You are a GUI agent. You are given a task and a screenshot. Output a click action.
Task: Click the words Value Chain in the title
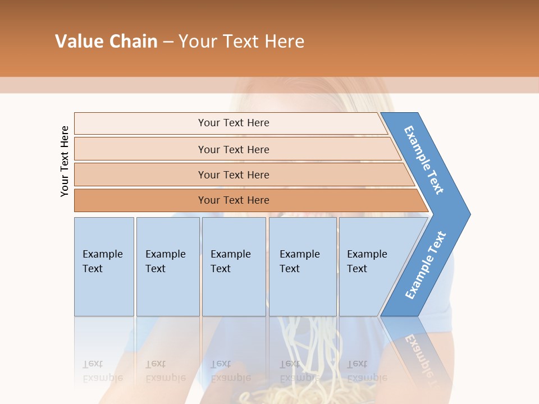coord(106,42)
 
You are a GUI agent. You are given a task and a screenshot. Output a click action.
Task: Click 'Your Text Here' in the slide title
coord(241,42)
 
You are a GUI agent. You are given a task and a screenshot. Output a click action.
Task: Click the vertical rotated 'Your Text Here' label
coord(65,161)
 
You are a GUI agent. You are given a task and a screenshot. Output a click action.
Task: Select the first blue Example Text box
coord(104,267)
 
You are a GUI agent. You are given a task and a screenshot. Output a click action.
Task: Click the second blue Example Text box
coord(168,267)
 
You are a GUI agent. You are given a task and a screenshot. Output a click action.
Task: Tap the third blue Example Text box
coord(234,267)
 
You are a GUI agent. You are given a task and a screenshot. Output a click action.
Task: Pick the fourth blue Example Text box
coord(303,267)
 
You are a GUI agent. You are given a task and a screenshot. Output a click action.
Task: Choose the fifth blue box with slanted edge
coord(371,267)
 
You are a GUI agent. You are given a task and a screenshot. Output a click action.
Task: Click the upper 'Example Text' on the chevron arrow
coord(424,160)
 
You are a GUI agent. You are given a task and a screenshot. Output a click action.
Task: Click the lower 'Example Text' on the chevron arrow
coord(426,265)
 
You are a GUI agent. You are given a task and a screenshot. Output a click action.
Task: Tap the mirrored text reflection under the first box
coord(103,371)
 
